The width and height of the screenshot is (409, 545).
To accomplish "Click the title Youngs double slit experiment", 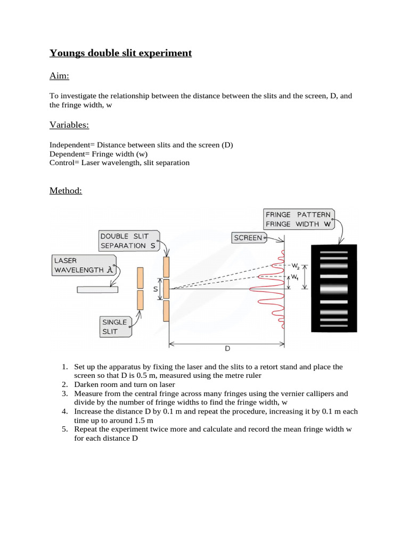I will click(120, 53).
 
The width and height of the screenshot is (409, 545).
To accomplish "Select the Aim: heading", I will click(59, 76).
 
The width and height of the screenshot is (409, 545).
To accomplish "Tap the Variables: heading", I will click(69, 125).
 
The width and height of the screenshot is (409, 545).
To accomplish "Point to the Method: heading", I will click(66, 191).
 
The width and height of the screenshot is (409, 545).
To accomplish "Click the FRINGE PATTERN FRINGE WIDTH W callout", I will click(299, 219).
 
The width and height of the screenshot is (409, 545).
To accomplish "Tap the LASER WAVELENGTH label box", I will click(84, 265).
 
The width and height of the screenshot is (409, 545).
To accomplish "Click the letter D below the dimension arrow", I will click(227, 349).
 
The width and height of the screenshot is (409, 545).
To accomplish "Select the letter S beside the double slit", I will click(156, 289).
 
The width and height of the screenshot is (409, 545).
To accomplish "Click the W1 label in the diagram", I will click(293, 277).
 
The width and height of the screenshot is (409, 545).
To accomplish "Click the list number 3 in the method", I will click(64, 393).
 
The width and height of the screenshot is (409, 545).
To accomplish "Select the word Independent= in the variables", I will click(72, 145).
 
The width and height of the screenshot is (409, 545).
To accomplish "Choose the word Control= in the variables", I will click(65, 162).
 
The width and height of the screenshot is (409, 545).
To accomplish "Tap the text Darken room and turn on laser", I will click(125, 384).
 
